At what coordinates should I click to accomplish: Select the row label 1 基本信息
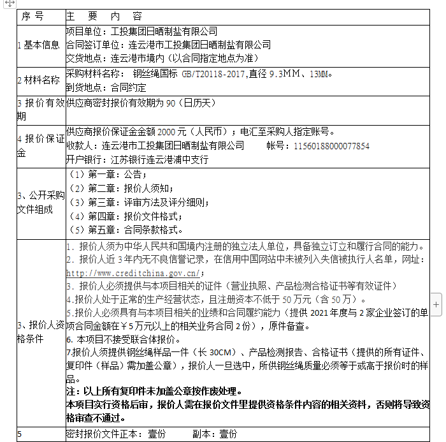click(x=39, y=45)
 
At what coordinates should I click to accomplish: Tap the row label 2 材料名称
click(x=39, y=80)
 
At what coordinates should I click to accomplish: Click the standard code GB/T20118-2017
click(x=214, y=74)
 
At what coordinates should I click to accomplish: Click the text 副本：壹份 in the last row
click(x=213, y=434)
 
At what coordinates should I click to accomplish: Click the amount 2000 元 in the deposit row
click(x=171, y=132)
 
